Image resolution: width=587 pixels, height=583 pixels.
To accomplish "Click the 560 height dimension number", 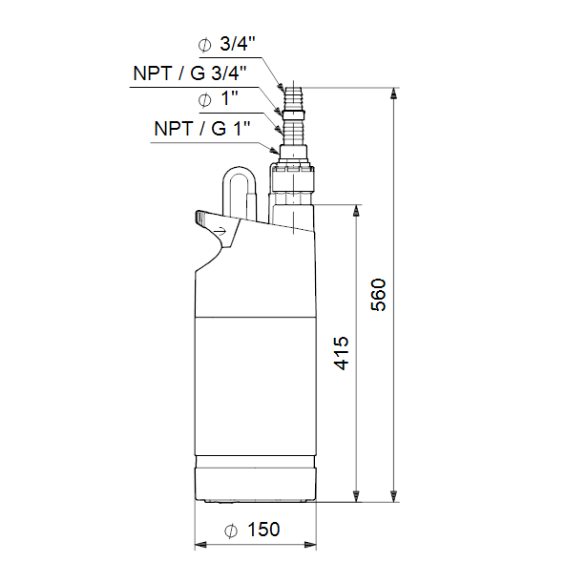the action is coord(379,295).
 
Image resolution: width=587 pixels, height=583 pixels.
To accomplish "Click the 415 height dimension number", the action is coord(342,353).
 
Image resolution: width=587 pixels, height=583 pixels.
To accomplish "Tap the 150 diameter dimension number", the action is coord(263,530).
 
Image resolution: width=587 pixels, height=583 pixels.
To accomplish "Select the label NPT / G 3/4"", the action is coord(190,73).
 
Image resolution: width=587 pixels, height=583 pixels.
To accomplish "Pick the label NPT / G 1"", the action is coord(201,129).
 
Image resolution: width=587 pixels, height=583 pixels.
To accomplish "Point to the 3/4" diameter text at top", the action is coord(238,44).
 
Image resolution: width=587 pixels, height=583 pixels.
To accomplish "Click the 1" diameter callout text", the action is coord(229,99).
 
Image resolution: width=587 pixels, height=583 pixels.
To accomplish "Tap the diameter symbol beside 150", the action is coord(231,531).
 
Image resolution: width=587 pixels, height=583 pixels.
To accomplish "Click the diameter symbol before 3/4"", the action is coord(205,46).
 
